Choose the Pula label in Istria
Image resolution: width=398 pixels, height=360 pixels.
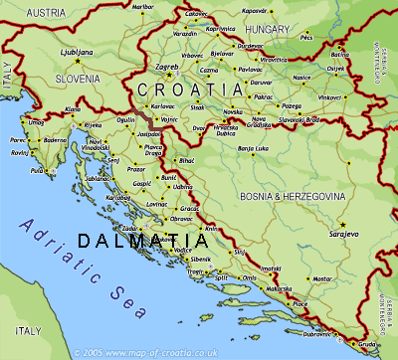38,170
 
